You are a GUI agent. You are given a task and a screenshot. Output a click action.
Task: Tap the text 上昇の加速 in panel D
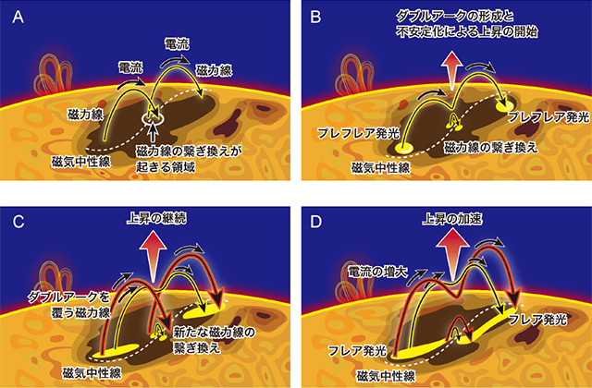click(x=452, y=220)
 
